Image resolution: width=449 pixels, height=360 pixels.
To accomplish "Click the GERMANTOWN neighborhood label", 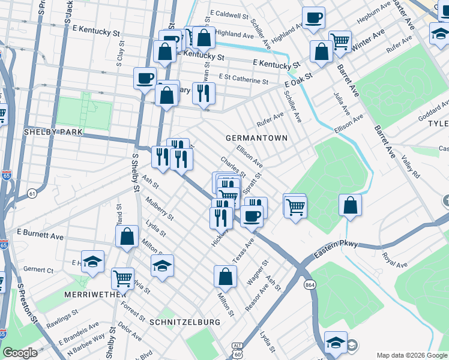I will click(x=256, y=138).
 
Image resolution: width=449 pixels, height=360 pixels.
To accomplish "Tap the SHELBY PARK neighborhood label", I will click(x=53, y=131).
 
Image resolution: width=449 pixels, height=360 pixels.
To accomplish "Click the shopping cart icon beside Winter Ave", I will click(x=340, y=41).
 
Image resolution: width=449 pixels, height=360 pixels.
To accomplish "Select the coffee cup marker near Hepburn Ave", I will click(x=313, y=18).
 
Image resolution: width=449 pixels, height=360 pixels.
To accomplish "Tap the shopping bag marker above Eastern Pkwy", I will click(x=350, y=205).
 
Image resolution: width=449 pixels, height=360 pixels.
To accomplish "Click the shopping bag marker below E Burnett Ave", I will click(x=127, y=236).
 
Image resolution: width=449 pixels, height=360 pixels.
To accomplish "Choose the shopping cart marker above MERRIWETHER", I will click(x=122, y=278).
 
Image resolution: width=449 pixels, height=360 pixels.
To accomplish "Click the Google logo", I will click(x=20, y=353).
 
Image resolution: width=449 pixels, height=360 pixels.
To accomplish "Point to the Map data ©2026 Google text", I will click(x=412, y=355).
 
